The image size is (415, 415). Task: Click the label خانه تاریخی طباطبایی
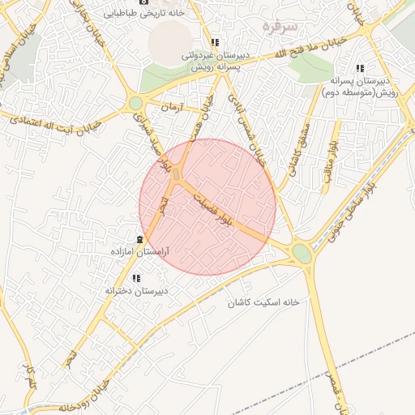pos(151,13)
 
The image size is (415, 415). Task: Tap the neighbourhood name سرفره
pos(281,26)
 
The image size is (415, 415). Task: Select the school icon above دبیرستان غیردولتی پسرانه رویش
pos(215,42)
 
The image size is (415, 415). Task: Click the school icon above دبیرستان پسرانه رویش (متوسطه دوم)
pos(360,68)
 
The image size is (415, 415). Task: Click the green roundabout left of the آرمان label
pos(135,103)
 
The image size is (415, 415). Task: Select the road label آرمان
pos(173,107)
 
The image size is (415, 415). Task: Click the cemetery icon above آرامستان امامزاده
pos(141,239)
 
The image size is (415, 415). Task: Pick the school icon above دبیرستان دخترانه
pos(136,278)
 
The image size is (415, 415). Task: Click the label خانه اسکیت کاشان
pos(263,302)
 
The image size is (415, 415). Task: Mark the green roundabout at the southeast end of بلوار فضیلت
pos(302,254)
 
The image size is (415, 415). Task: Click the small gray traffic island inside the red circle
pos(178,173)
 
